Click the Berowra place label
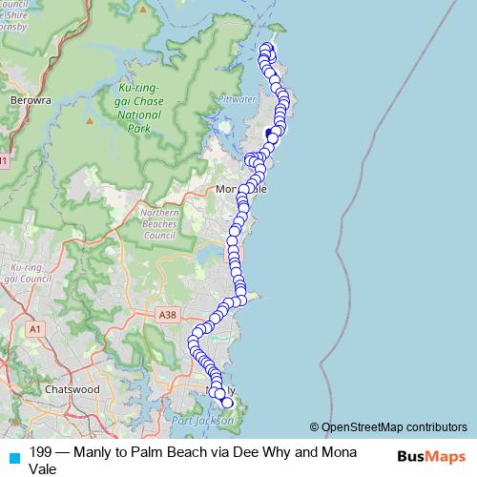point(27,98)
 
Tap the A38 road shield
point(169,314)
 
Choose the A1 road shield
point(36,329)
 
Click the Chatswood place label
point(73,389)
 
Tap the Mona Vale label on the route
point(242,189)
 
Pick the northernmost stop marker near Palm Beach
point(267,49)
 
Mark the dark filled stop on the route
point(270,134)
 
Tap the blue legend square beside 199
point(13,458)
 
